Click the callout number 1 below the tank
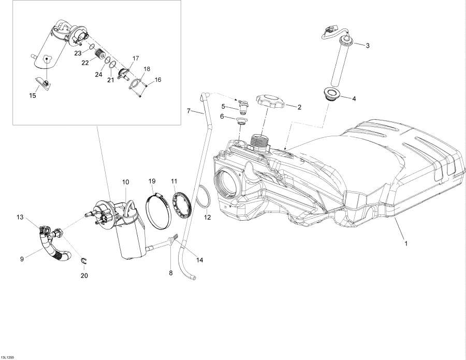(x=406, y=243)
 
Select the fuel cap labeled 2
(x=270, y=101)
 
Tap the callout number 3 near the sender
(x=368, y=46)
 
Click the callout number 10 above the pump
(x=125, y=182)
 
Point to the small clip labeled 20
(x=83, y=260)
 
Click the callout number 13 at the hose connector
(x=20, y=217)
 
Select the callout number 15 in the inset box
(x=33, y=95)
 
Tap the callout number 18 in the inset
(x=147, y=69)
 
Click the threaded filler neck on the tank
(x=259, y=140)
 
